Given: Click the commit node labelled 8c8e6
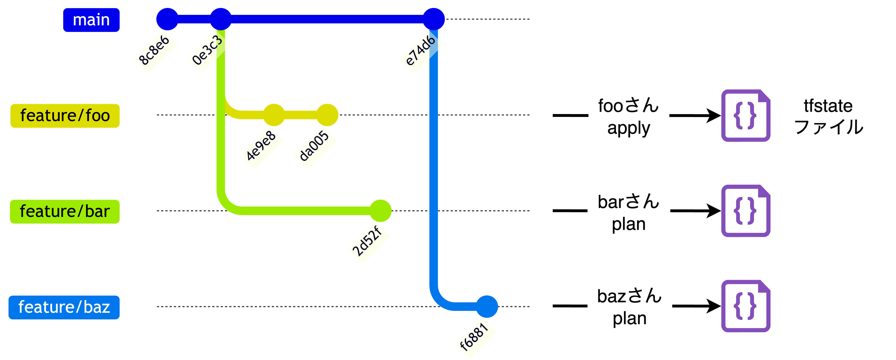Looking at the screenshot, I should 167,19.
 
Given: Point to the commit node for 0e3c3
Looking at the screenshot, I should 221,19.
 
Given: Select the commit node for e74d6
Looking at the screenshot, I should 433,19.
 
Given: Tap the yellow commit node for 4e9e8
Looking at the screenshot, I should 274,115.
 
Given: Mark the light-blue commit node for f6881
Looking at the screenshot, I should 487,306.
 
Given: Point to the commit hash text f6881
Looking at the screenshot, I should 474,337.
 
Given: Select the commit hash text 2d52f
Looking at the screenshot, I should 367,241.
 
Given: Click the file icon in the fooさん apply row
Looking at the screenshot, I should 745,115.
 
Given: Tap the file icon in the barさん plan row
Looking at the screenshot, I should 745,211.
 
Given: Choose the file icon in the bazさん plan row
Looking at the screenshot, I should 745,306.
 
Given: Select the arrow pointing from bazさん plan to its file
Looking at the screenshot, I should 696,306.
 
